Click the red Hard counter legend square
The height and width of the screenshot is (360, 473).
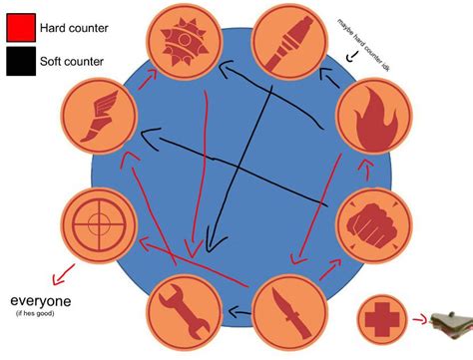pyautogui.click(x=19, y=26)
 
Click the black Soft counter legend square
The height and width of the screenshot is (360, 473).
pyautogui.click(x=19, y=63)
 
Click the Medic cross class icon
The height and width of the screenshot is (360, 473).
pyautogui.click(x=384, y=319)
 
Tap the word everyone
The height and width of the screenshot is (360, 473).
pyautogui.click(x=42, y=300)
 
